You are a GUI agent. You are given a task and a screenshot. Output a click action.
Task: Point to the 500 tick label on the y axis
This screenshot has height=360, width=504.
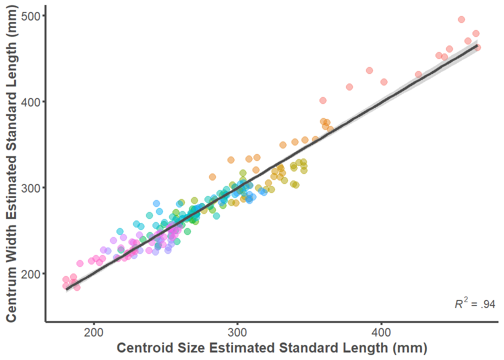click(x=31, y=15)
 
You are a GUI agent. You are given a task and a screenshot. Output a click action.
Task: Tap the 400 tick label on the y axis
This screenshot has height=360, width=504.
click(x=31, y=101)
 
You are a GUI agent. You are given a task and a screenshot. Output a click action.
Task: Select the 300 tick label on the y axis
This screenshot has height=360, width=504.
click(x=31, y=187)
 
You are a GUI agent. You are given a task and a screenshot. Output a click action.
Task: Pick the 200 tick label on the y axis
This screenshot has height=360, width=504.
click(x=31, y=273)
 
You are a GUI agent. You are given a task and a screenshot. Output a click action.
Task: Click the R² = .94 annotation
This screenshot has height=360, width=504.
click(x=474, y=303)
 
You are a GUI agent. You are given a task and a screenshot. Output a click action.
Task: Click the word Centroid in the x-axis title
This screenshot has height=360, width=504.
click(x=142, y=348)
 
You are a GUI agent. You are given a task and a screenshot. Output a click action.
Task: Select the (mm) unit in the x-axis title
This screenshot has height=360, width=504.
click(x=409, y=348)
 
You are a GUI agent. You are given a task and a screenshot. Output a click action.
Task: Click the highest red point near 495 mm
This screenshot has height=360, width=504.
click(x=461, y=19)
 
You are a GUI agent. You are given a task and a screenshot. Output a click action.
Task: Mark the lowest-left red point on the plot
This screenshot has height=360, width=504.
click(x=66, y=286)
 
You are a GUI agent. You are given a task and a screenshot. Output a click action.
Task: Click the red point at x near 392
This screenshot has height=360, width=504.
click(x=369, y=70)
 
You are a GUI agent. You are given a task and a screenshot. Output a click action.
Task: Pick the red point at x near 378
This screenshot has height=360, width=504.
click(x=349, y=87)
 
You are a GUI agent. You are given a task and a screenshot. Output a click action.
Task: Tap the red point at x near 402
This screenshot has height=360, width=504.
click(x=384, y=82)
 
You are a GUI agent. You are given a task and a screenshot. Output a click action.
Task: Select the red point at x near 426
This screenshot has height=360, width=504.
click(x=418, y=74)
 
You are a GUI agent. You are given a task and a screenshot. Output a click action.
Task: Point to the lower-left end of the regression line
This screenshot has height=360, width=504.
click(x=66, y=289)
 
